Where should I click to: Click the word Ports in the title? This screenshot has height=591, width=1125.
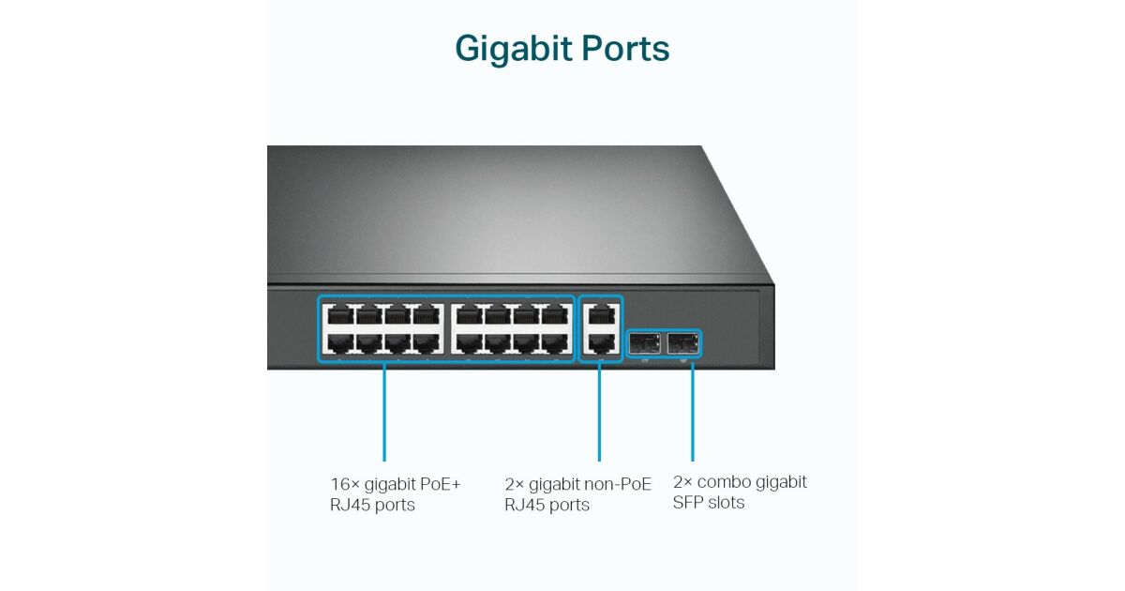[627, 49]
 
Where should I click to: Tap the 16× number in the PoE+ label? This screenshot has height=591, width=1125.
[344, 484]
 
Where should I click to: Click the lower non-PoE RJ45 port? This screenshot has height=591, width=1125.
[599, 342]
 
